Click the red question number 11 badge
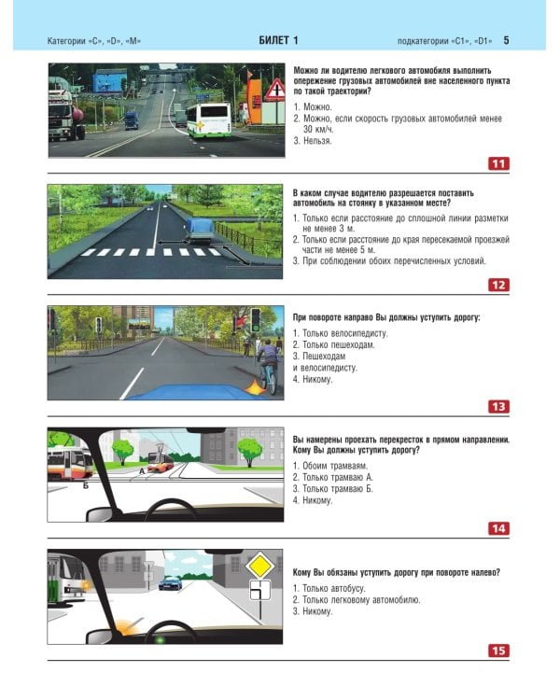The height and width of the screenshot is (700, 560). (x=498, y=164)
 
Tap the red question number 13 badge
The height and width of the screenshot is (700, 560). (x=498, y=407)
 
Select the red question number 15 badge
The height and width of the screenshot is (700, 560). (x=498, y=651)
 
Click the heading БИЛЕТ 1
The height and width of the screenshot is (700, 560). (x=279, y=40)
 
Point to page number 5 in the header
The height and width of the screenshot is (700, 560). (x=506, y=40)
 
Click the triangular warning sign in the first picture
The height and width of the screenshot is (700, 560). (x=275, y=90)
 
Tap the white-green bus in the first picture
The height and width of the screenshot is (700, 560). (x=208, y=120)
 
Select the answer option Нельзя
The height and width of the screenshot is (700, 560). (x=317, y=141)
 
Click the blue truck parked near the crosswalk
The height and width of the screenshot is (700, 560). (x=199, y=231)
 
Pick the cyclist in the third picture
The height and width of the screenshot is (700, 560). (x=267, y=366)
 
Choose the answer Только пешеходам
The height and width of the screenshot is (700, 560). (x=333, y=344)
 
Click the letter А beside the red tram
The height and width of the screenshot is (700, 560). (x=142, y=471)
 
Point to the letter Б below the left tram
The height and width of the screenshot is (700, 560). (x=86, y=485)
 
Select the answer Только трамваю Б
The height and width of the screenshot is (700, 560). (x=332, y=489)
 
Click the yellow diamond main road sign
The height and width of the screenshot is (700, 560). (x=259, y=566)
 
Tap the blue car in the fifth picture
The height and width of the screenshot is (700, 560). (x=171, y=582)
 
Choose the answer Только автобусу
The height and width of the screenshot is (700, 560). (x=329, y=588)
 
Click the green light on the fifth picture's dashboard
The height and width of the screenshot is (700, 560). (x=159, y=640)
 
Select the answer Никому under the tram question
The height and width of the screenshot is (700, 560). (x=313, y=500)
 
